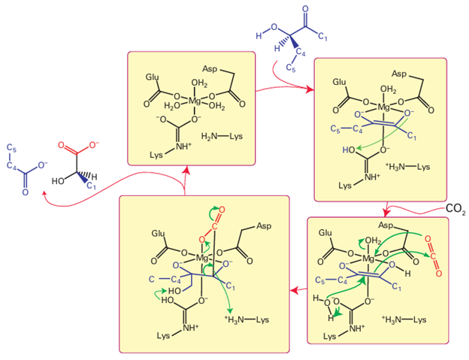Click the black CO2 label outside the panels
[455, 207]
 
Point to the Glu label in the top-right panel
[340, 82]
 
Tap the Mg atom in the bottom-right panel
[368, 259]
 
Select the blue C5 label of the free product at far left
[11, 147]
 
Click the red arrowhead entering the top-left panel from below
[186, 171]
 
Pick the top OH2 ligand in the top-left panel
[200, 83]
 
